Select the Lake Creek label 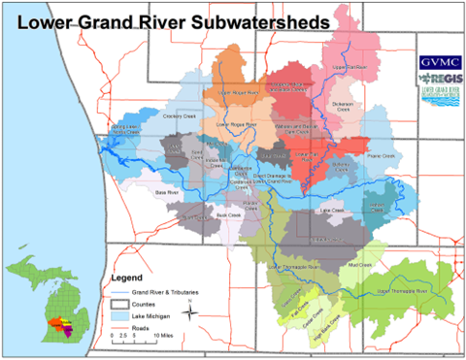(331, 209)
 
